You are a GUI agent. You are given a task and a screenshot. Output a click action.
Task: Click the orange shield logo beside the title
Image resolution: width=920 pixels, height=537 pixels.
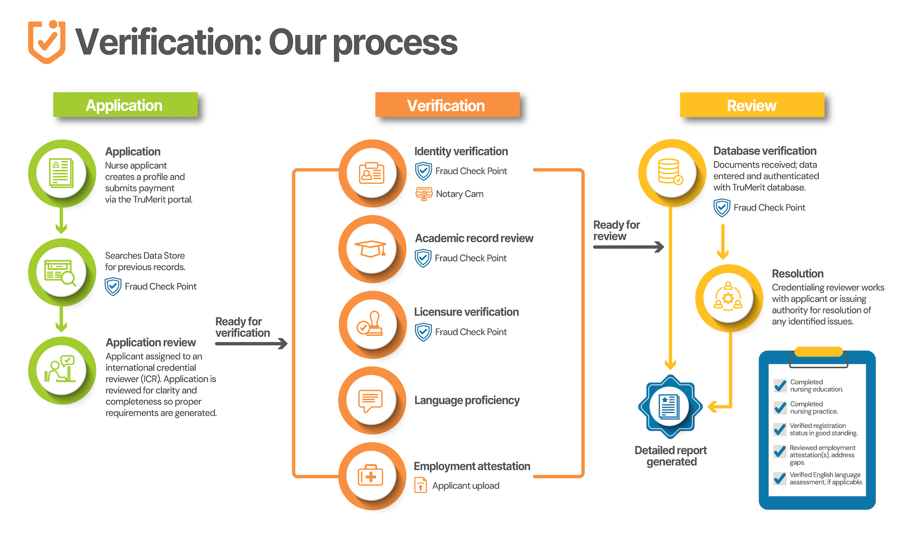click(47, 42)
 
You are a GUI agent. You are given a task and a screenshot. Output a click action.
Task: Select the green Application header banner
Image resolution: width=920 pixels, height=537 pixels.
click(125, 105)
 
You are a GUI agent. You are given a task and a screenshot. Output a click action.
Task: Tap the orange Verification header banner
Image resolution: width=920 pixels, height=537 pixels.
click(447, 105)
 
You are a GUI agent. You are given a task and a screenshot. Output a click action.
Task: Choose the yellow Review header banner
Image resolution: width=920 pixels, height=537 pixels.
click(752, 105)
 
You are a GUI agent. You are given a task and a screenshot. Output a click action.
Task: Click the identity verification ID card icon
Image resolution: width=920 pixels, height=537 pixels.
click(372, 173)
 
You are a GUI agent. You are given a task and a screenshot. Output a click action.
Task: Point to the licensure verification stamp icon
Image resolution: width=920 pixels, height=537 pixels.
click(370, 324)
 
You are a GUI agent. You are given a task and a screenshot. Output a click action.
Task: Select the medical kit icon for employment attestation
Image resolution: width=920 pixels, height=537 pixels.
click(371, 475)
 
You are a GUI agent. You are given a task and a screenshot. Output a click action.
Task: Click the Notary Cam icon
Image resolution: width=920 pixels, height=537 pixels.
click(424, 194)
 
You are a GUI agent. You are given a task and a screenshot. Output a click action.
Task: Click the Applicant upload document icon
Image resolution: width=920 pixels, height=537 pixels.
click(420, 485)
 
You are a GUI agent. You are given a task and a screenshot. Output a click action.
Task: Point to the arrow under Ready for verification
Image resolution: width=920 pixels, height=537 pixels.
click(251, 344)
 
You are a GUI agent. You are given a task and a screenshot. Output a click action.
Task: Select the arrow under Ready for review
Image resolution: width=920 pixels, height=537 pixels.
click(628, 247)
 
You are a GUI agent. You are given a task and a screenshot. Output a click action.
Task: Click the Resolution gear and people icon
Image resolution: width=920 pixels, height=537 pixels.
click(728, 297)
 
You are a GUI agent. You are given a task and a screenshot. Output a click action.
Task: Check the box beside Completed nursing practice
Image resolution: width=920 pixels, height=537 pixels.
click(780, 407)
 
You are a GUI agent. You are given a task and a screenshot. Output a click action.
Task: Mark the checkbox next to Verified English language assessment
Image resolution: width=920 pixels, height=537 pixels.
click(780, 478)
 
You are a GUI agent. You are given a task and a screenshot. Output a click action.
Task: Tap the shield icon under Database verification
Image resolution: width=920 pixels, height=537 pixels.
click(722, 208)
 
